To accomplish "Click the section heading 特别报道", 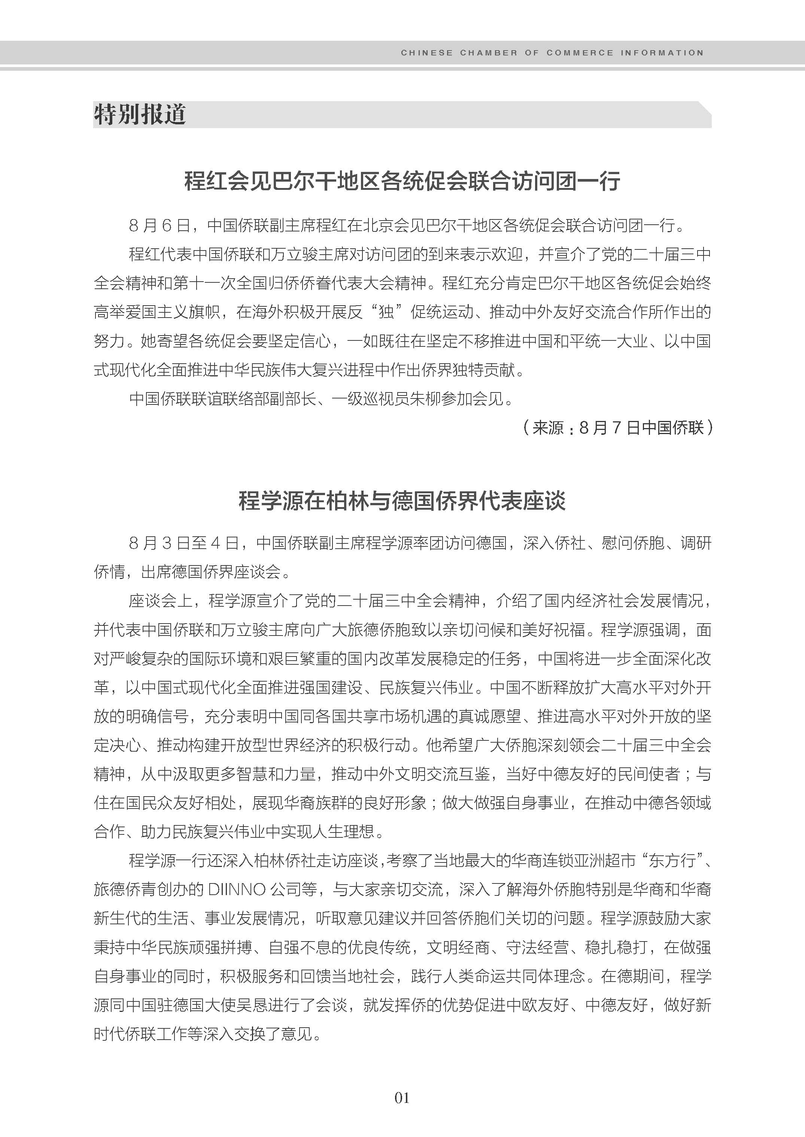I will [139, 115].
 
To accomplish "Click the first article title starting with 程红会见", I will [402, 182].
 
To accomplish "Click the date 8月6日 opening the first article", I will [159, 226].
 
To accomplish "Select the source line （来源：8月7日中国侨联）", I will [618, 427].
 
